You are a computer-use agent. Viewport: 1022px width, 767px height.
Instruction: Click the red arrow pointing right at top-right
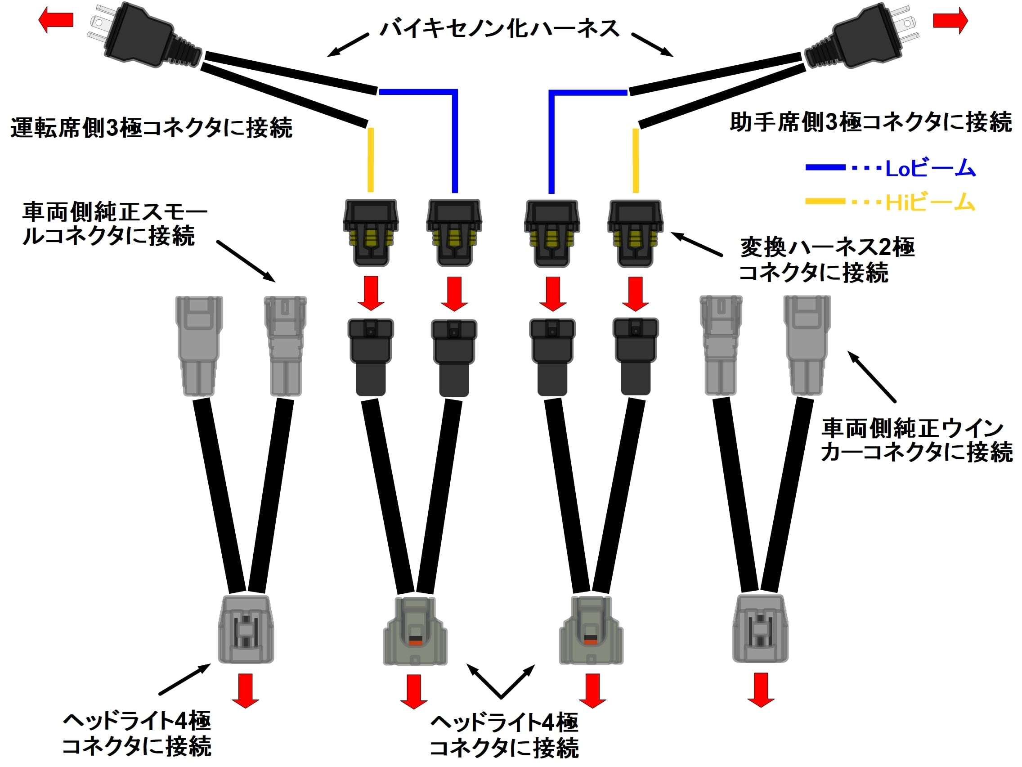[950, 21]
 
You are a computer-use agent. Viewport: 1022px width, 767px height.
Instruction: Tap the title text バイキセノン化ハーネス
[499, 29]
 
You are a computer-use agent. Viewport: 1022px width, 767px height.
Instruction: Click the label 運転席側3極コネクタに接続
[151, 128]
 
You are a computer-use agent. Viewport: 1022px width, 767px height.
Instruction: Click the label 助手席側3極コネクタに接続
[870, 123]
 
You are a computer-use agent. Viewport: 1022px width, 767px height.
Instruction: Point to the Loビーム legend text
[930, 168]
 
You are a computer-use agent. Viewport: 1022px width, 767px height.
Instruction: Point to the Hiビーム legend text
[930, 202]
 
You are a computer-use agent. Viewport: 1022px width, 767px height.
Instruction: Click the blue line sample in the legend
[825, 167]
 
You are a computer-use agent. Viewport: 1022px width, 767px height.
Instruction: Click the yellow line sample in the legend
[825, 202]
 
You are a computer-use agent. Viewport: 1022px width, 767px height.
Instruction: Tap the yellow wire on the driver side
[371, 159]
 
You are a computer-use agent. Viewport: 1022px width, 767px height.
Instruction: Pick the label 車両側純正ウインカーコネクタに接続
[916, 440]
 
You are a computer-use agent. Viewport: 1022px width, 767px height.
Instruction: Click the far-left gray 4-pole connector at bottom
[246, 629]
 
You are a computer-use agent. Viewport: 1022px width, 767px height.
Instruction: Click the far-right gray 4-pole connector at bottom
[760, 628]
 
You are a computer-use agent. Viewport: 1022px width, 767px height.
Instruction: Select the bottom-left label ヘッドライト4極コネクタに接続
[137, 733]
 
